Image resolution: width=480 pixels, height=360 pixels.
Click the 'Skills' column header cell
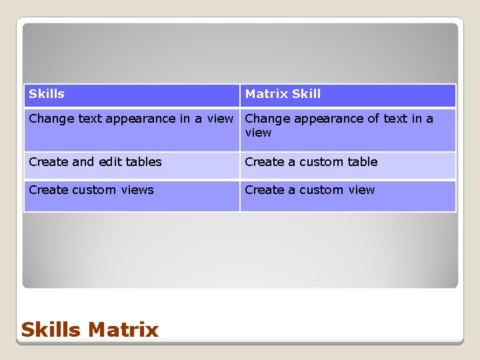[x=132, y=95]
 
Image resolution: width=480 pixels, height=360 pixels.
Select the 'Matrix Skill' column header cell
[x=347, y=95]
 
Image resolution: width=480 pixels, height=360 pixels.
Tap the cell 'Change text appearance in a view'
[x=131, y=129]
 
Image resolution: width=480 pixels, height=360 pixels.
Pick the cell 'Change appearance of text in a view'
[x=347, y=129]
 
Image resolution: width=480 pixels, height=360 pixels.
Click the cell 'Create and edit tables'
[x=132, y=165]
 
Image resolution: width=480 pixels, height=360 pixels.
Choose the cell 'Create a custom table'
[x=347, y=165]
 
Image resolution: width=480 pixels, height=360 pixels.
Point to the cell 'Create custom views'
[x=132, y=195]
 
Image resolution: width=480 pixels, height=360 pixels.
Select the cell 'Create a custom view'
[x=347, y=195]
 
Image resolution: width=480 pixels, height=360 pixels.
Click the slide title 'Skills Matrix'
[x=90, y=329]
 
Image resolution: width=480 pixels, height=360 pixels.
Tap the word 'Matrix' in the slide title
[x=123, y=329]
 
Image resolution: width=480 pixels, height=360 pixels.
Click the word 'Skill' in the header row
[x=306, y=94]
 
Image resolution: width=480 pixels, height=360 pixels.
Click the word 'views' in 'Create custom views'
[x=137, y=190]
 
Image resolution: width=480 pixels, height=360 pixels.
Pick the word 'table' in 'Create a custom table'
[x=362, y=162]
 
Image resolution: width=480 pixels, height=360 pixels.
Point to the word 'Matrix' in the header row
[x=266, y=94]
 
